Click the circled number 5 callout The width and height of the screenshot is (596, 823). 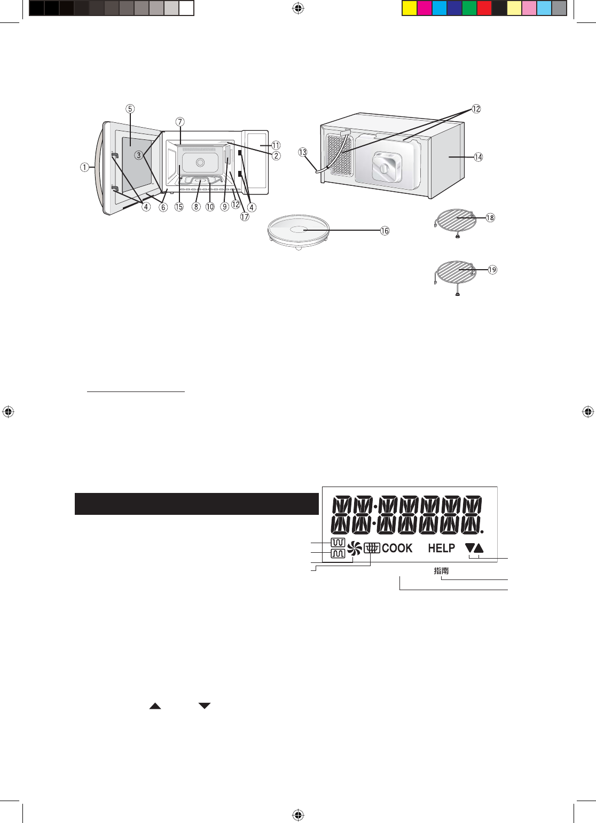point(130,109)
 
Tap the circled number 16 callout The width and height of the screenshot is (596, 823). point(385,231)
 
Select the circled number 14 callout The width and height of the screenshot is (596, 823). point(478,157)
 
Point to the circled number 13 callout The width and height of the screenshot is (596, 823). point(302,152)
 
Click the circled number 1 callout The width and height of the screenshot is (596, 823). point(84,168)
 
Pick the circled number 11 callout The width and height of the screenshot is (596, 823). point(276,145)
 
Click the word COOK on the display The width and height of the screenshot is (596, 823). point(397,548)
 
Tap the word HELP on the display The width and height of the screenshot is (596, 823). point(441,548)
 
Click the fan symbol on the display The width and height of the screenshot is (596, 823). point(355,548)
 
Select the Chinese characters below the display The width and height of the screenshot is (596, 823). point(441,570)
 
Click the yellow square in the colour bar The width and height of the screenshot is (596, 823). point(409,8)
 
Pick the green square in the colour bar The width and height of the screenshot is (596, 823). point(469,8)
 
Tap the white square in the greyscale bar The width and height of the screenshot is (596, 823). point(186,8)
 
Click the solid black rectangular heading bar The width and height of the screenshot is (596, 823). point(197,504)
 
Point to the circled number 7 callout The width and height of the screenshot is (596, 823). point(179,122)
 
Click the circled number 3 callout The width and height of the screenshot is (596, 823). point(138,155)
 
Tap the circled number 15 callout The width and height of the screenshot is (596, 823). point(179,207)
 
